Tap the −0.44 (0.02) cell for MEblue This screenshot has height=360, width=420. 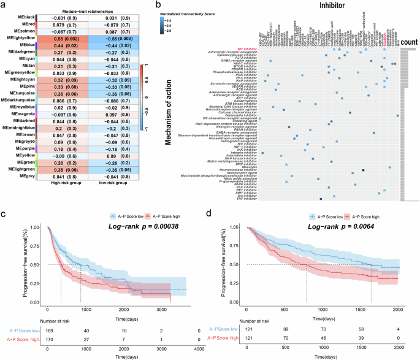pos(115,45)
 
